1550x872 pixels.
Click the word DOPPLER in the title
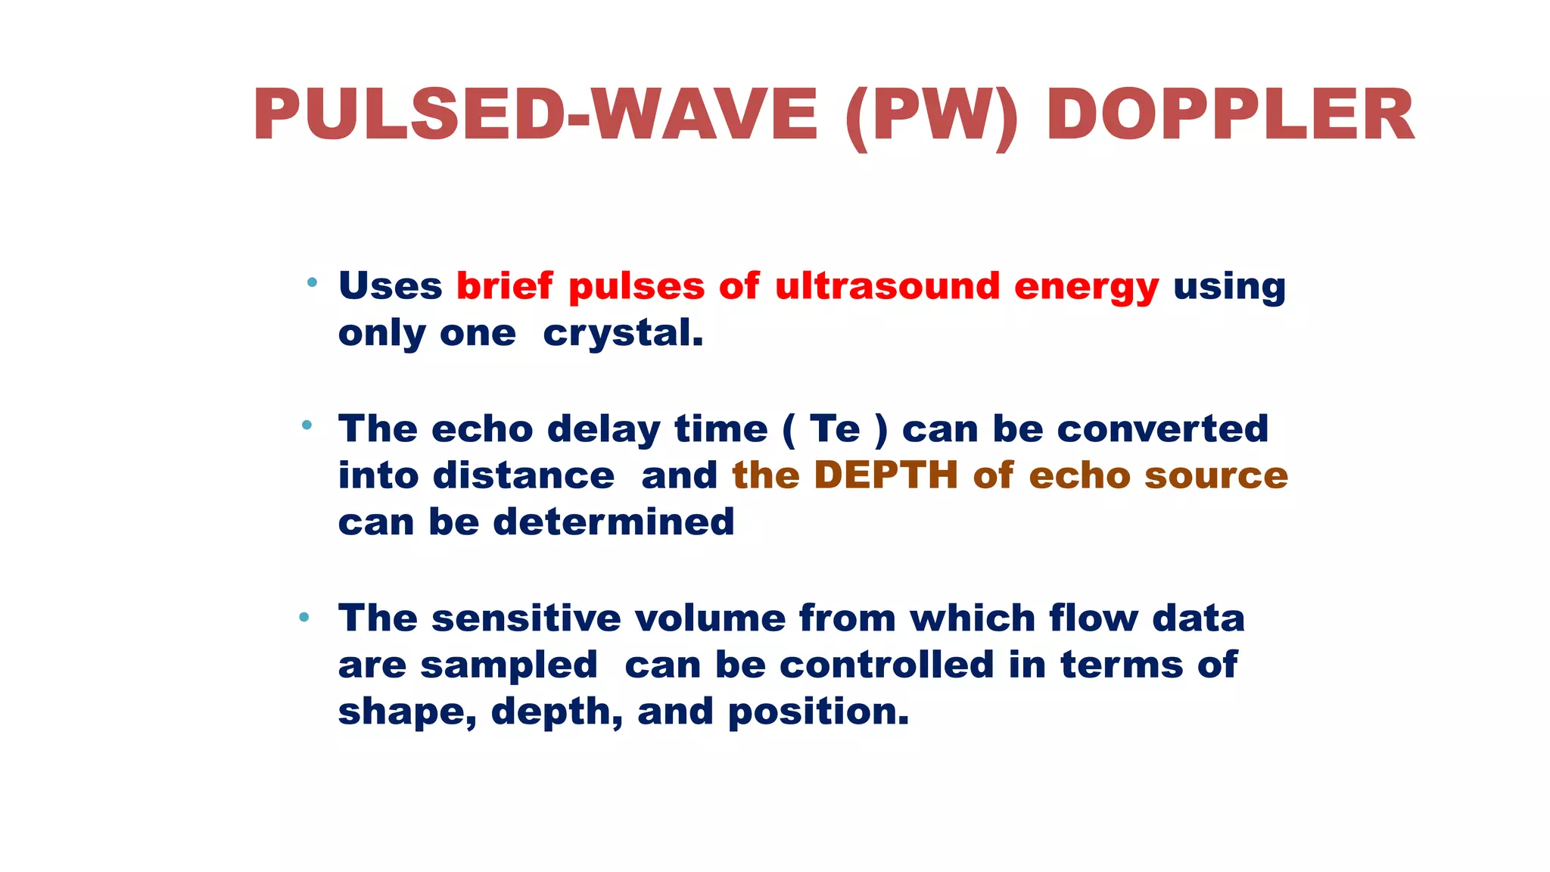point(1230,115)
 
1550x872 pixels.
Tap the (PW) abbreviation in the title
point(932,117)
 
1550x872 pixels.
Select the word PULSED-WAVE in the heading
point(535,115)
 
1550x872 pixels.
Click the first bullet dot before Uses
point(312,283)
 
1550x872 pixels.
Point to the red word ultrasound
point(887,286)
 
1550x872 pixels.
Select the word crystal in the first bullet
point(622,334)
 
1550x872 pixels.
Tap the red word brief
point(504,286)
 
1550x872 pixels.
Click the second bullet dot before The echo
point(307,425)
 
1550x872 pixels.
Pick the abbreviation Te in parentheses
point(835,429)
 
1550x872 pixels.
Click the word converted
point(1162,429)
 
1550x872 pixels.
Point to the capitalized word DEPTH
point(886,476)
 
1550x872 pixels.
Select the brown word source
point(1215,476)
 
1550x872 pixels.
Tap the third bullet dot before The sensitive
point(304,617)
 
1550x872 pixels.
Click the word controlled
point(886,665)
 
